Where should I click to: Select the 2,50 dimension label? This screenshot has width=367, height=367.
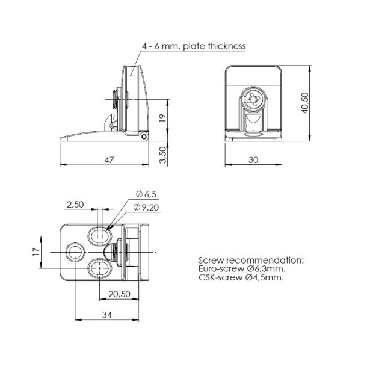coord(76,205)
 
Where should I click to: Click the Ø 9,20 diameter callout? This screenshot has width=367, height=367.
coord(148,207)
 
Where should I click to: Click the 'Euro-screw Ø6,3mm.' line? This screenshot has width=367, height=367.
coord(241,269)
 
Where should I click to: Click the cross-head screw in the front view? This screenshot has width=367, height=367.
coord(252,97)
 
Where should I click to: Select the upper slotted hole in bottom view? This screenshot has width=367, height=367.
coord(100,234)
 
